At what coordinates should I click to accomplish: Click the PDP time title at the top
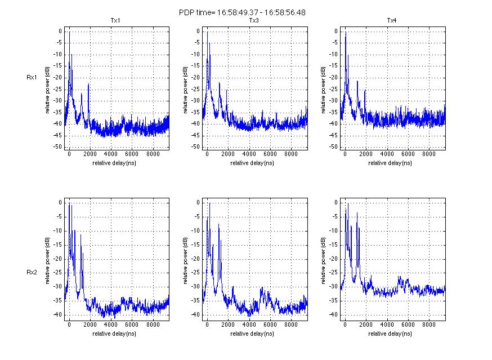click(242, 12)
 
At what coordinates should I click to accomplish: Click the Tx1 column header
click(115, 21)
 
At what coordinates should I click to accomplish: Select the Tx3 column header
click(254, 21)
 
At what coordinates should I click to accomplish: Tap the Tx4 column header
click(392, 21)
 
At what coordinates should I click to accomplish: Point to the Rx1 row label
click(32, 78)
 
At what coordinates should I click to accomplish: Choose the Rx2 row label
click(32, 272)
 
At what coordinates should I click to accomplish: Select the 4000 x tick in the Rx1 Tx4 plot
click(387, 154)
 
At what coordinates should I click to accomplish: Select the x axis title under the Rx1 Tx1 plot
click(115, 163)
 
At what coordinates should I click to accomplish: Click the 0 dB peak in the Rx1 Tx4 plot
click(345, 33)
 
